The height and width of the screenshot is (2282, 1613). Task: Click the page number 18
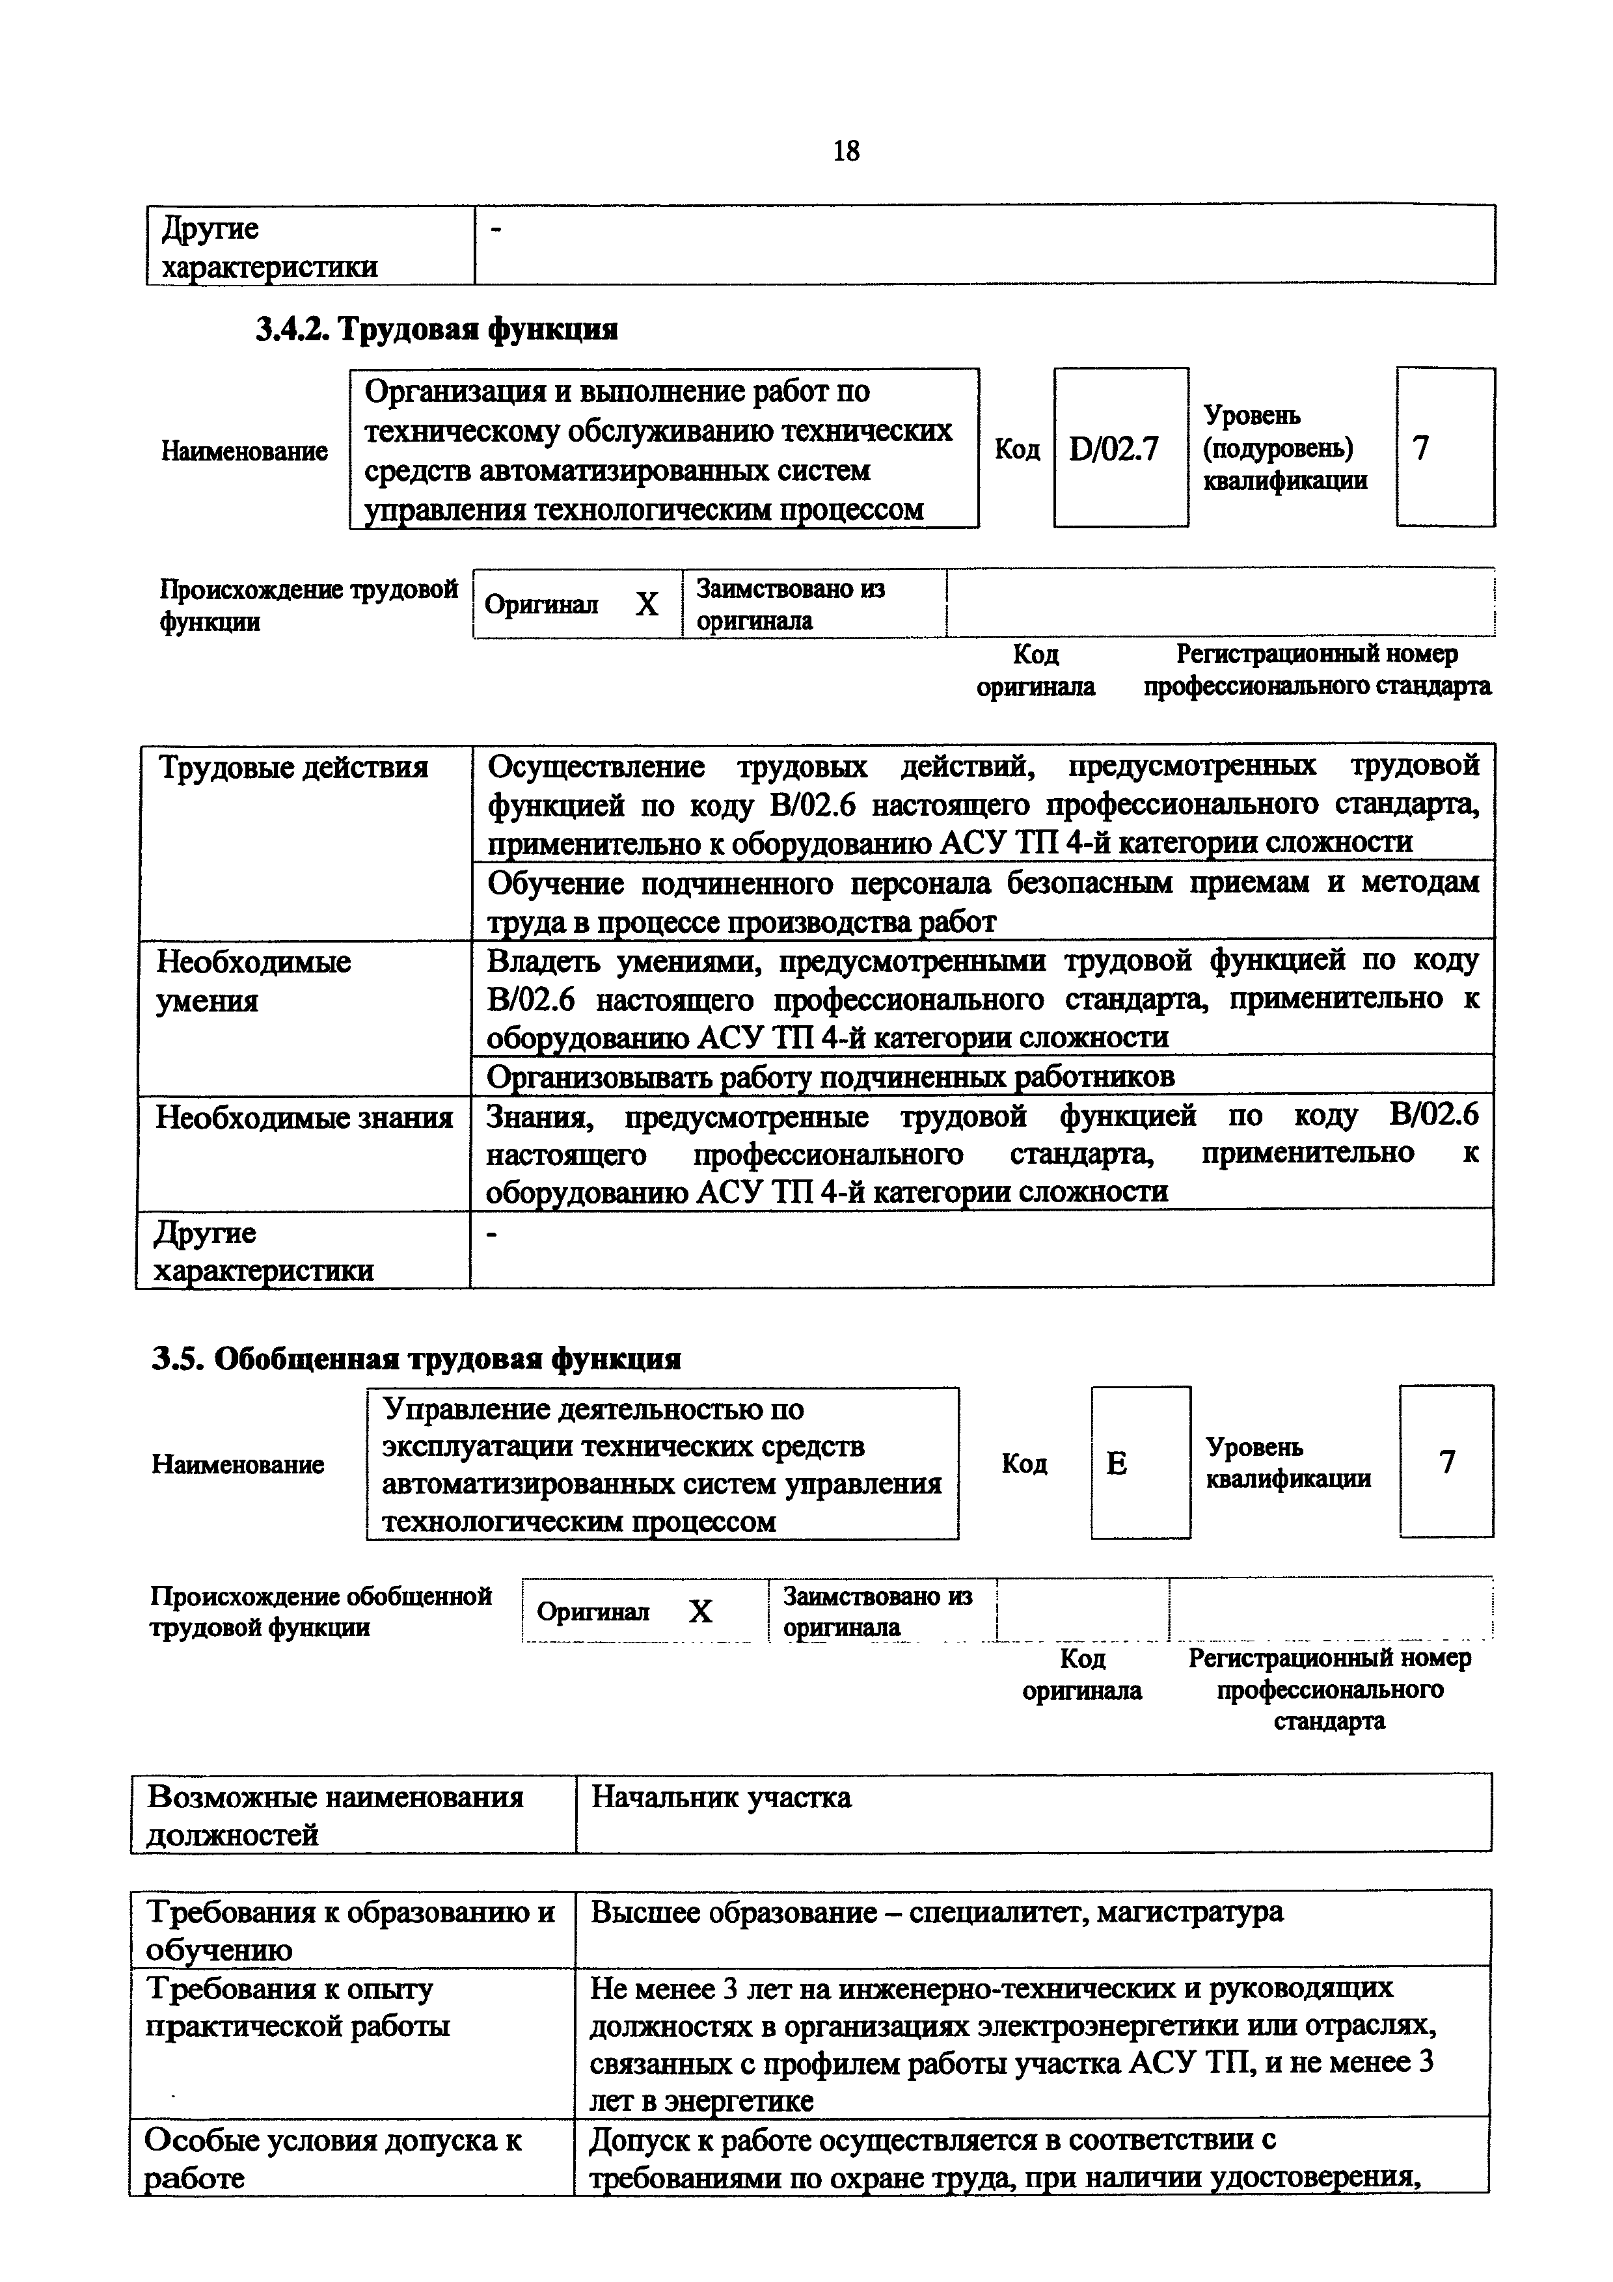click(846, 151)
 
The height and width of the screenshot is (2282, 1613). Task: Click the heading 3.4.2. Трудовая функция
click(437, 329)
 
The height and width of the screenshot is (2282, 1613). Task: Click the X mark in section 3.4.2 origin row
click(647, 603)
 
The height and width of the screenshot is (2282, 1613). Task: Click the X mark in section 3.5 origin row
click(701, 1611)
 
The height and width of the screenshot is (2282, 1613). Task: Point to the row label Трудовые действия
click(293, 768)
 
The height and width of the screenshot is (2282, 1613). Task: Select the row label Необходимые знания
click(304, 1118)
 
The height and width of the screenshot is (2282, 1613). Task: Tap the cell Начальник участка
click(722, 1797)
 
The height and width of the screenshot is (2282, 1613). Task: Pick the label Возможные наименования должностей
click(335, 1815)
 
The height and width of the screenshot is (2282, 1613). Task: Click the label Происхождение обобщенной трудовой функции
click(321, 1611)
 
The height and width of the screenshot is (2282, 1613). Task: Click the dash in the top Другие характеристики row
click(498, 230)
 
